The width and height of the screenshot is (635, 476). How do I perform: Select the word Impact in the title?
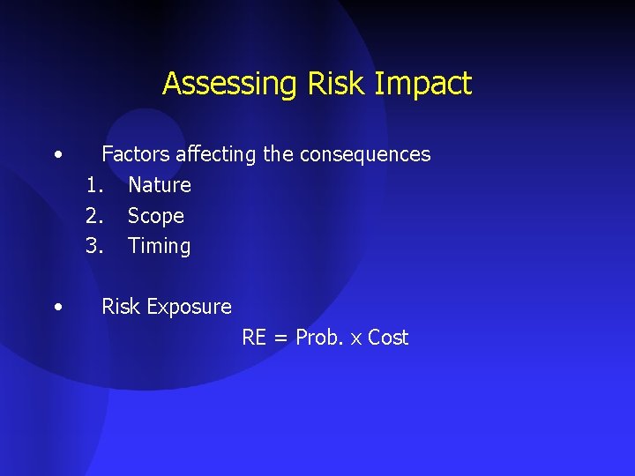pyautogui.click(x=423, y=85)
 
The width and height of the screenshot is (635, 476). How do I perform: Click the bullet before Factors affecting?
pyautogui.click(x=57, y=154)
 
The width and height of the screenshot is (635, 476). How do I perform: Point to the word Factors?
pyautogui.click(x=135, y=154)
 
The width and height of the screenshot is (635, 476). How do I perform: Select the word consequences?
pyautogui.click(x=365, y=154)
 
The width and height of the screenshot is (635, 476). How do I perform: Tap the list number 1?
pyautogui.click(x=93, y=185)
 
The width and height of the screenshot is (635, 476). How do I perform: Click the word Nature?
pyautogui.click(x=160, y=185)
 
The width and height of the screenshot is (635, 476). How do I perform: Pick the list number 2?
pyautogui.click(x=94, y=216)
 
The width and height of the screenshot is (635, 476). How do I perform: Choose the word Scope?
pyautogui.click(x=156, y=216)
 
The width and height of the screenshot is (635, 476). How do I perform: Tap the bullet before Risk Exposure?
pyautogui.click(x=57, y=307)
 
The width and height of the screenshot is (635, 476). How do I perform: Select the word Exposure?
pyautogui.click(x=190, y=307)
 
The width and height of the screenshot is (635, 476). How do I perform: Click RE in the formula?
pyautogui.click(x=254, y=338)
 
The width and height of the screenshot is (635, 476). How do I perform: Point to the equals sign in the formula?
pyautogui.click(x=280, y=338)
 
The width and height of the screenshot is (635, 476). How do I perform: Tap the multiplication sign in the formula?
pyautogui.click(x=357, y=339)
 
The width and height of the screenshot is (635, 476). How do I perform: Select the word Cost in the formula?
pyautogui.click(x=388, y=338)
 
